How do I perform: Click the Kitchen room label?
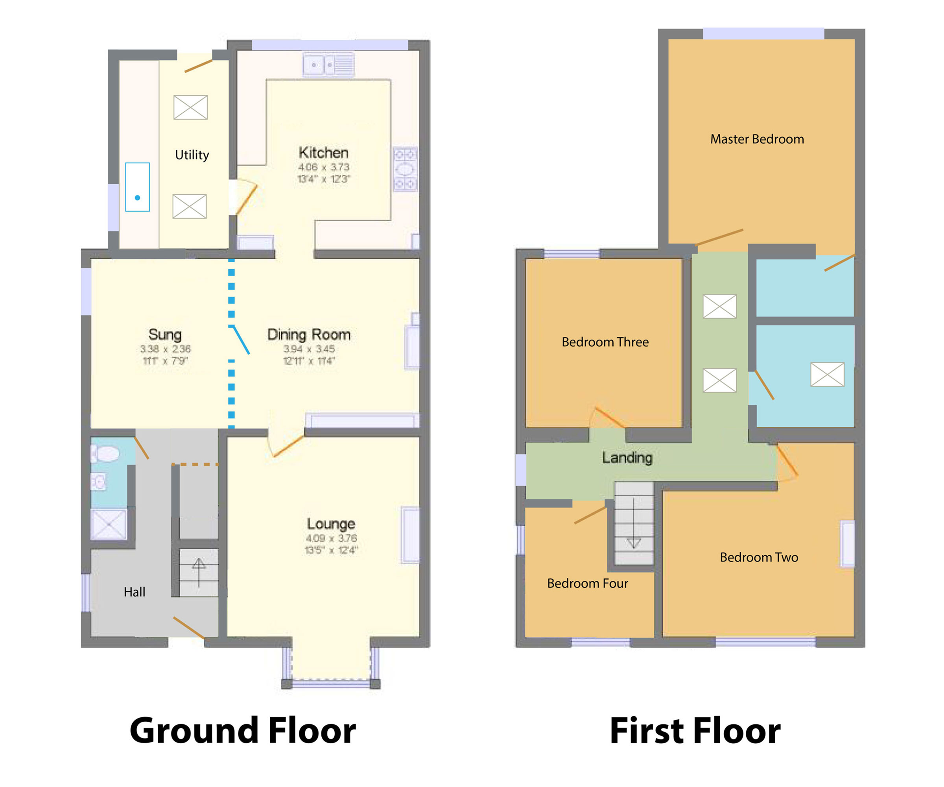point(323,152)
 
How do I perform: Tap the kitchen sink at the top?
point(328,65)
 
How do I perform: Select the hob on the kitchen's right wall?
point(405,170)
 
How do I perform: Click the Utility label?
point(192,155)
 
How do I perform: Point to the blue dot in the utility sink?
point(138,198)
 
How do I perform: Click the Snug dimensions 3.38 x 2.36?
point(165,349)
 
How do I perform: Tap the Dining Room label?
point(309,334)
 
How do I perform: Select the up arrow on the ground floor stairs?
point(199,571)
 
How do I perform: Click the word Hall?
point(135,592)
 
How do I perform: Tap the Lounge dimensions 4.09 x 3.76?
point(331,538)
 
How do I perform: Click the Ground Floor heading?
point(243,731)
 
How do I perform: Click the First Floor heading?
point(695,731)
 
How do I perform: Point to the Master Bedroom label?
point(757,139)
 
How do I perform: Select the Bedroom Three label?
point(605,342)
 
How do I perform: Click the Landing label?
point(627,457)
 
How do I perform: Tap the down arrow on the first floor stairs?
point(634,524)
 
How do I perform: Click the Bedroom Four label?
point(588,583)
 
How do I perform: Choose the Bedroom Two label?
point(759,557)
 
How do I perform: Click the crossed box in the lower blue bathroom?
point(827,374)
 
